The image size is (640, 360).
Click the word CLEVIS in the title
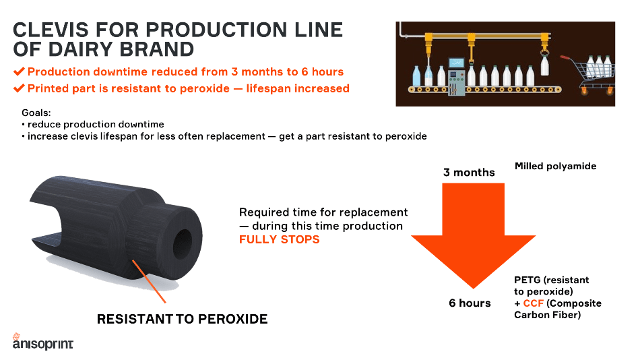51,30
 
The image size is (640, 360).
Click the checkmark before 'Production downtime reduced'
19,71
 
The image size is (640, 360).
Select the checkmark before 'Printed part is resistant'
19,88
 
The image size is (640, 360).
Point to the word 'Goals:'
36,113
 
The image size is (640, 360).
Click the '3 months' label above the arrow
469,173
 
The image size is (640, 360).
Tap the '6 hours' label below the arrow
470,303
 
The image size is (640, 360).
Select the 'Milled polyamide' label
556,167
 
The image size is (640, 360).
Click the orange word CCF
533,303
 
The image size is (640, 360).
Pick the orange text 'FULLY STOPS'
279,239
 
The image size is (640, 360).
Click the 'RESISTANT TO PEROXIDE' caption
182,319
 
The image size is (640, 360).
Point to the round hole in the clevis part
183,244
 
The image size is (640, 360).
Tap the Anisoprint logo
43,342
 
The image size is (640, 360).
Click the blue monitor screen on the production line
456,63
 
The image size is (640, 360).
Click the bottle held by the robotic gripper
544,66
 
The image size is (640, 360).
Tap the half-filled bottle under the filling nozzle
428,76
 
